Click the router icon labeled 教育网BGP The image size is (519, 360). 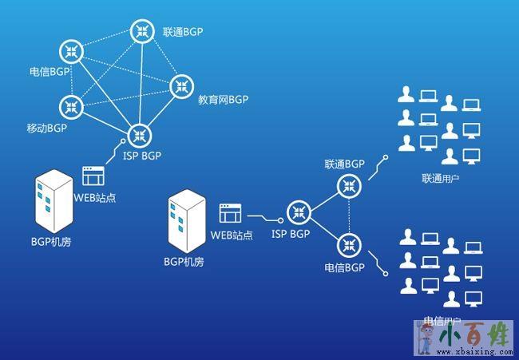click(x=180, y=84)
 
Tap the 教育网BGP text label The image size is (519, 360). click(x=224, y=100)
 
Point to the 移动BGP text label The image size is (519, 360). click(x=46, y=127)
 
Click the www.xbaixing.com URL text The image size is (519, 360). click(x=472, y=351)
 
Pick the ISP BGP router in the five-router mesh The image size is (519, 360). click(x=140, y=133)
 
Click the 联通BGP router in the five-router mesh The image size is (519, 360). click(x=142, y=31)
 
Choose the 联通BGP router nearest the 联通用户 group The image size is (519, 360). click(x=349, y=187)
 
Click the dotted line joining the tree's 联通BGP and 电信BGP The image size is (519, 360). click(x=349, y=214)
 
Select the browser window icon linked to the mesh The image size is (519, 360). click(x=93, y=176)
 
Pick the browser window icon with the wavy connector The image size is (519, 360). click(x=230, y=213)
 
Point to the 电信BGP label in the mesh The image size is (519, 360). click(x=46, y=71)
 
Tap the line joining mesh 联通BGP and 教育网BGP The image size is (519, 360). click(x=161, y=57)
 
